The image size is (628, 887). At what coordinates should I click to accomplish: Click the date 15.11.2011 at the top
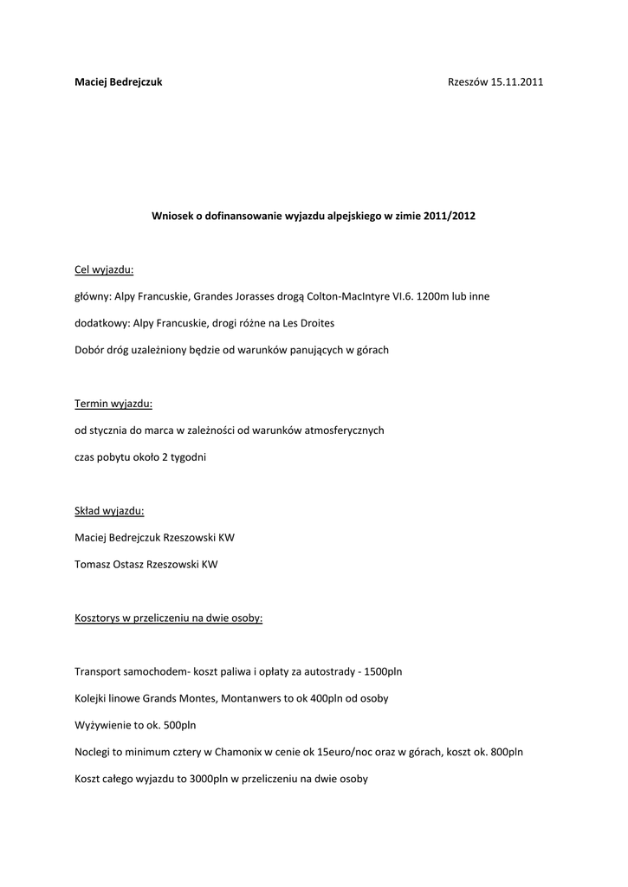tap(517, 82)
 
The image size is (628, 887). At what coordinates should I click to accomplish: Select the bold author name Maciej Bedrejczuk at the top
tap(119, 82)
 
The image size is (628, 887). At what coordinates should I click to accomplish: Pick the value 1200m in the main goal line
tap(431, 296)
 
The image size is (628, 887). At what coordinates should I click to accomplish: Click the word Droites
tap(315, 323)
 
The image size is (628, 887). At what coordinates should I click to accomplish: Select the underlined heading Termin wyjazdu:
tap(113, 404)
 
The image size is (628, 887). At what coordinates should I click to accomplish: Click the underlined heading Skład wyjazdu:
tap(109, 511)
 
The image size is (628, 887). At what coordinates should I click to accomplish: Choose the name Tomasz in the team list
tap(94, 565)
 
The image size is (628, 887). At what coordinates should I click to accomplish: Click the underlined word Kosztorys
tap(100, 618)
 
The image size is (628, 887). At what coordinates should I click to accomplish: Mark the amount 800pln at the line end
tap(505, 752)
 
